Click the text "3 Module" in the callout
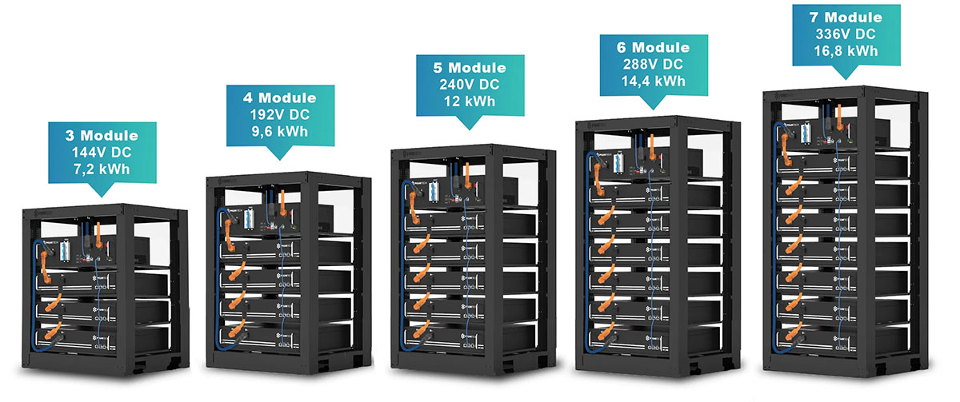point(102,136)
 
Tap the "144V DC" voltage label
point(102,153)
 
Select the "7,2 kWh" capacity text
point(102,169)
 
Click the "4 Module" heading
point(279,98)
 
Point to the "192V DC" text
point(279,114)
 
